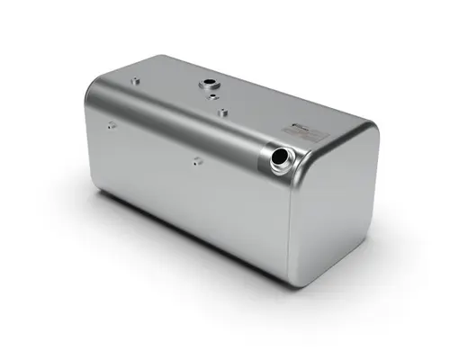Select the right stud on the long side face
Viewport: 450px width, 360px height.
(x=196, y=161)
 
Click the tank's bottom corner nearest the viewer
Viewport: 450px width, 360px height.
(x=293, y=280)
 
